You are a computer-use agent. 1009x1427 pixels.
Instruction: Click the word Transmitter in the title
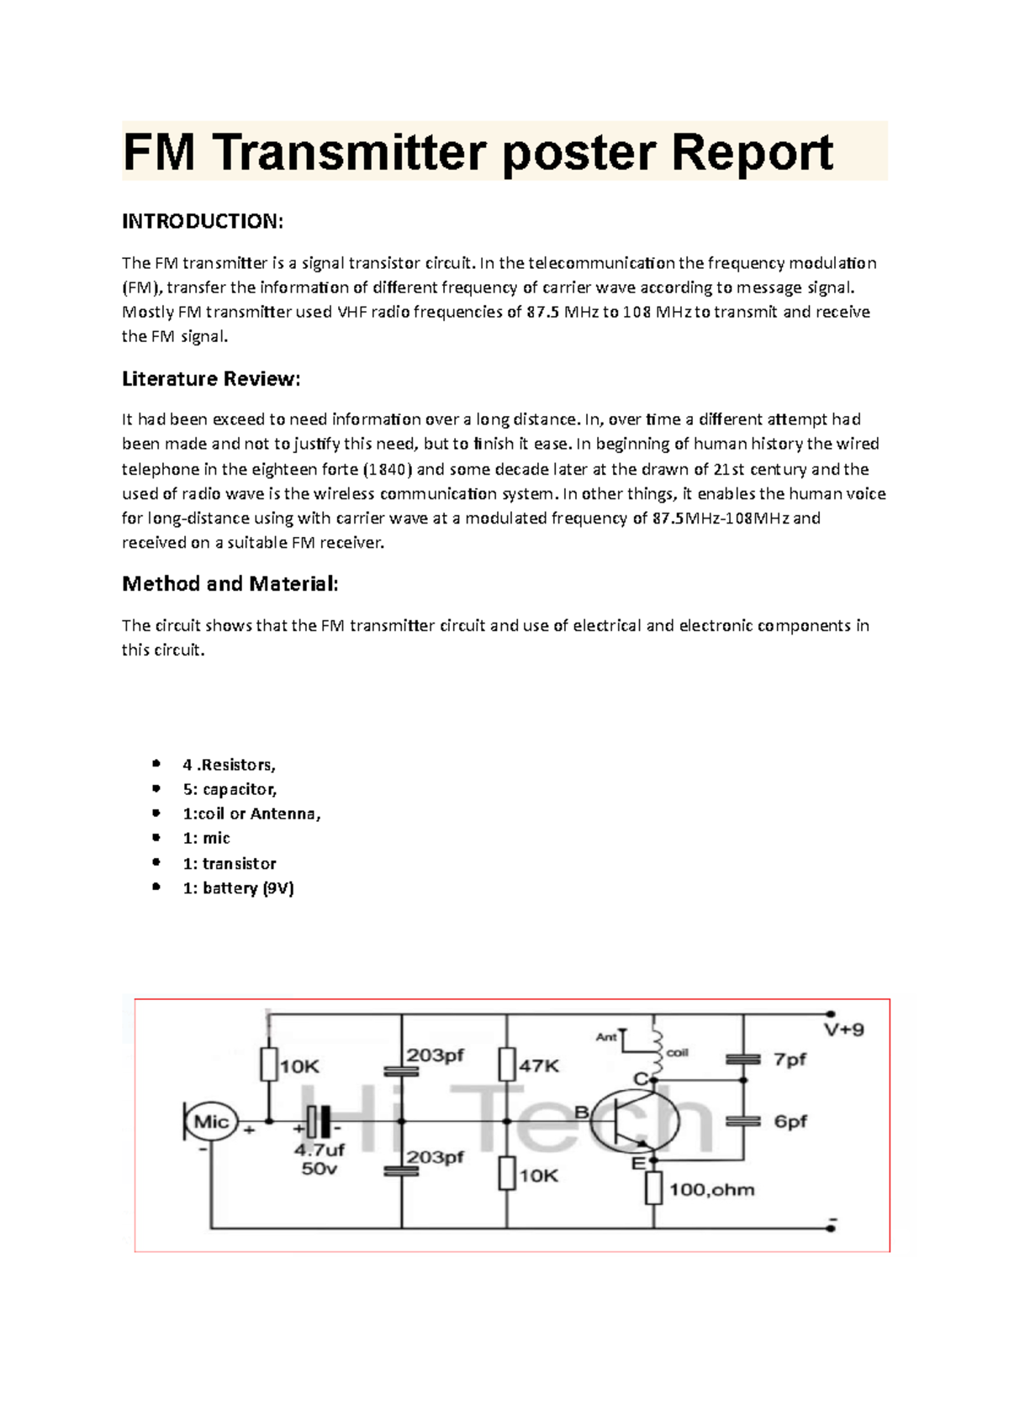click(x=349, y=152)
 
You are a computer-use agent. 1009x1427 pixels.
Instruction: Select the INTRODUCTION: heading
click(x=203, y=221)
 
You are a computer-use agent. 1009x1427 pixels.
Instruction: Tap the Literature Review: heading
click(x=210, y=379)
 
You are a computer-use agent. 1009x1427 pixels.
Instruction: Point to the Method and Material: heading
click(x=230, y=584)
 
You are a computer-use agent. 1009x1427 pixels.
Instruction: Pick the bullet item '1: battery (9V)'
click(x=238, y=888)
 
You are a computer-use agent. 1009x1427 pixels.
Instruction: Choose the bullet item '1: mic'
click(x=206, y=838)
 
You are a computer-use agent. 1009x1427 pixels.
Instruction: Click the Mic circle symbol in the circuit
click(x=211, y=1122)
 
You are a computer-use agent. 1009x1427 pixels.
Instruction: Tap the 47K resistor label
click(x=539, y=1066)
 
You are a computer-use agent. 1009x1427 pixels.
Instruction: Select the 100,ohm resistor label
click(x=711, y=1189)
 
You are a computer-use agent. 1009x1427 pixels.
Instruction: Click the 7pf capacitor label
click(x=790, y=1060)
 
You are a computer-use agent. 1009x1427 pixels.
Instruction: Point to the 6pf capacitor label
click(x=790, y=1121)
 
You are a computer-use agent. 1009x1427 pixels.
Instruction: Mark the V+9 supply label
click(x=843, y=1029)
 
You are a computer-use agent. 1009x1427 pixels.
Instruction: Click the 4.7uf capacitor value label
click(x=320, y=1151)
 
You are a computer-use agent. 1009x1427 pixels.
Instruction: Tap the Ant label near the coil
click(x=606, y=1037)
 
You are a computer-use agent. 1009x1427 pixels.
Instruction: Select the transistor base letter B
click(x=581, y=1113)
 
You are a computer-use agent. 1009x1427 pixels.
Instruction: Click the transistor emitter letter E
click(x=638, y=1163)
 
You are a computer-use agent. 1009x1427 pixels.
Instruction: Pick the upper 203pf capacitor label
click(x=436, y=1055)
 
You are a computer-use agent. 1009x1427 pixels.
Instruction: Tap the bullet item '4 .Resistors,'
click(x=229, y=765)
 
